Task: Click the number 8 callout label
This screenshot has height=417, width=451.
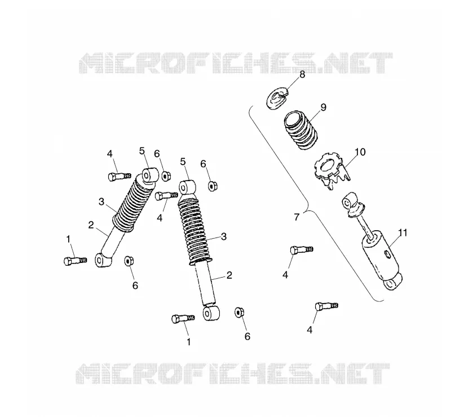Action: coord(302,74)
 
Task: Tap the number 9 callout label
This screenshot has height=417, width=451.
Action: coord(323,107)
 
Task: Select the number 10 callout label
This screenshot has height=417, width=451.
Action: coord(360,152)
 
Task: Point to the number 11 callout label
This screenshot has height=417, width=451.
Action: coord(403,232)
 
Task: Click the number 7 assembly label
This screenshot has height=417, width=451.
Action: coord(297,217)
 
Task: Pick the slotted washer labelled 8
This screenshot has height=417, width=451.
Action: coord(277,99)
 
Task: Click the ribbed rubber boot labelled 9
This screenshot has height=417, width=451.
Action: coord(301,130)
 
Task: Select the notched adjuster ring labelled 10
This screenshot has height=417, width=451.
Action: coord(331,172)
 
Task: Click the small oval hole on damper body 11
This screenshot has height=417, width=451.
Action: coord(387,254)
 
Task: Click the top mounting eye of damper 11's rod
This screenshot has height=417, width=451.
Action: coord(349,201)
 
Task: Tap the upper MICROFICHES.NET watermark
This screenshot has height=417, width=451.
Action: coord(235,63)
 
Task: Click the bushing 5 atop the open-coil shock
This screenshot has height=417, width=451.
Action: coord(187,187)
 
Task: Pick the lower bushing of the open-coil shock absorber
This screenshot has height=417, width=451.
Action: coord(211,313)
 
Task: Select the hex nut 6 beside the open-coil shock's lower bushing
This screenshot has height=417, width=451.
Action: coord(239,312)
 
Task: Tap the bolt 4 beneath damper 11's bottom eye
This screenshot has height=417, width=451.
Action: coord(326,306)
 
